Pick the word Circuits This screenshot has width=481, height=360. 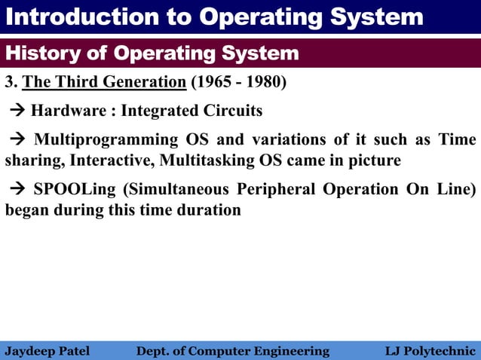(x=231, y=111)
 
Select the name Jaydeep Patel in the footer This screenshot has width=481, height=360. (x=47, y=351)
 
